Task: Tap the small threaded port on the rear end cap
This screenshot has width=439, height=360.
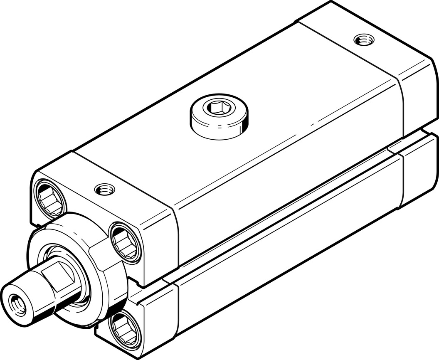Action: (x=363, y=40)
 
